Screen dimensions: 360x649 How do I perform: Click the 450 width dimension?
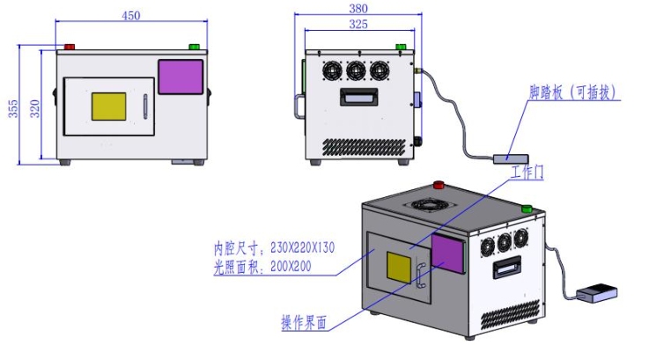129,14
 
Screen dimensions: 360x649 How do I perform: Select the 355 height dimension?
13,108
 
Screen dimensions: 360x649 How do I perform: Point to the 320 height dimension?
35,108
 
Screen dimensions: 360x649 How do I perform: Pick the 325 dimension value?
358,25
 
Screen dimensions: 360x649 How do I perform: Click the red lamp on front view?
68,47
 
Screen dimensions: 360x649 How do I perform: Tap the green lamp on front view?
194,47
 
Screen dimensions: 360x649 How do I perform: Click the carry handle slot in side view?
359,97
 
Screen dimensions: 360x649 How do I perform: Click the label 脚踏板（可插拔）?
573,91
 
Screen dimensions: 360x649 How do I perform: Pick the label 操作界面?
304,324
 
